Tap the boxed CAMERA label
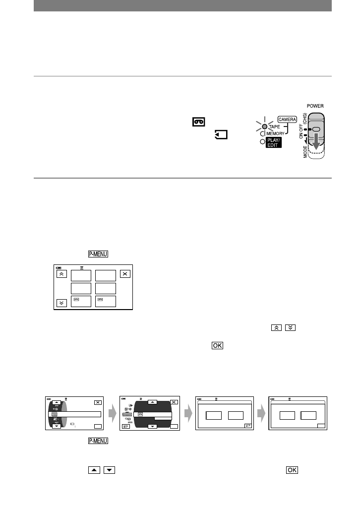tap(287, 119)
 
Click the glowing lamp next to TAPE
tap(265, 127)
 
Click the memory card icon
tap(221, 133)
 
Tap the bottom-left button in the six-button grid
tap(81, 302)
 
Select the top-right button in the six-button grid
tap(105, 275)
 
